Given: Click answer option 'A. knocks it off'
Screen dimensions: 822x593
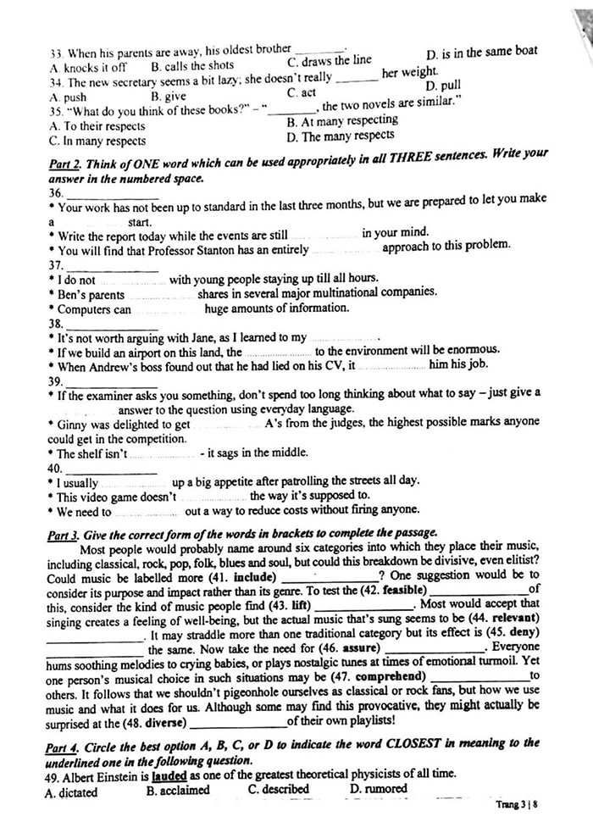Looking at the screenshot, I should (88, 67).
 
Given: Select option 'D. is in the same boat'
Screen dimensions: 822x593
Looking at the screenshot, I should (481, 53).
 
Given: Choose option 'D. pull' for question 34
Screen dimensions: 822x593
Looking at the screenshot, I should (443, 86).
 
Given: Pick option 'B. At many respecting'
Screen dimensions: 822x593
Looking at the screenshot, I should (342, 121).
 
